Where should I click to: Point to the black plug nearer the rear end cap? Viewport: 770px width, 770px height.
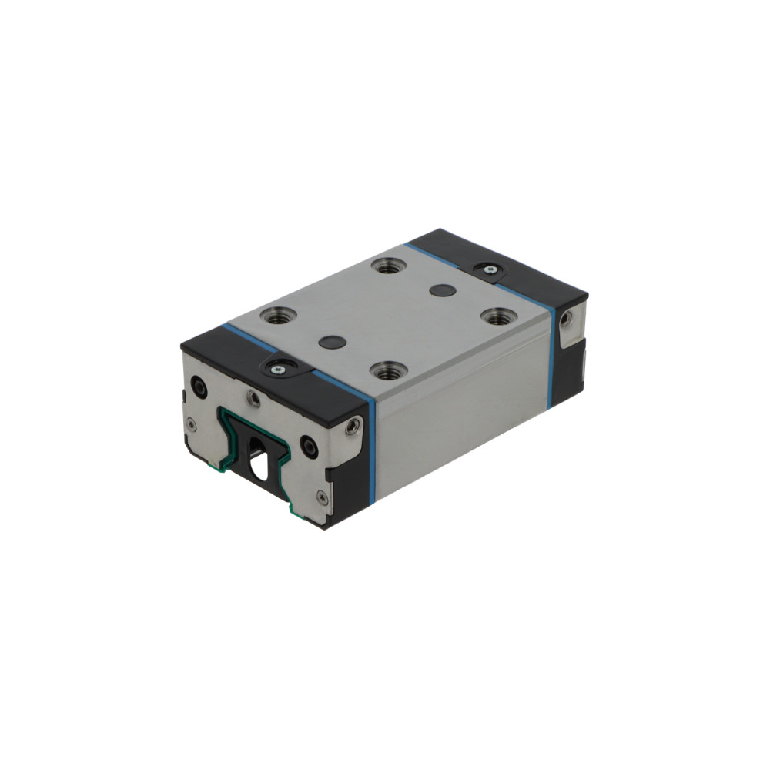441,290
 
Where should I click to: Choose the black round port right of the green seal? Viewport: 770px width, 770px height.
308,444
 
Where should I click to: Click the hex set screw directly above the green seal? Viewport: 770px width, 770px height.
253,397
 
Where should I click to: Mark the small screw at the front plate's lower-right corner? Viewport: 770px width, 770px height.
322,498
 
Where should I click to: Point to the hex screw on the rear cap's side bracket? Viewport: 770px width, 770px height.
566,318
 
